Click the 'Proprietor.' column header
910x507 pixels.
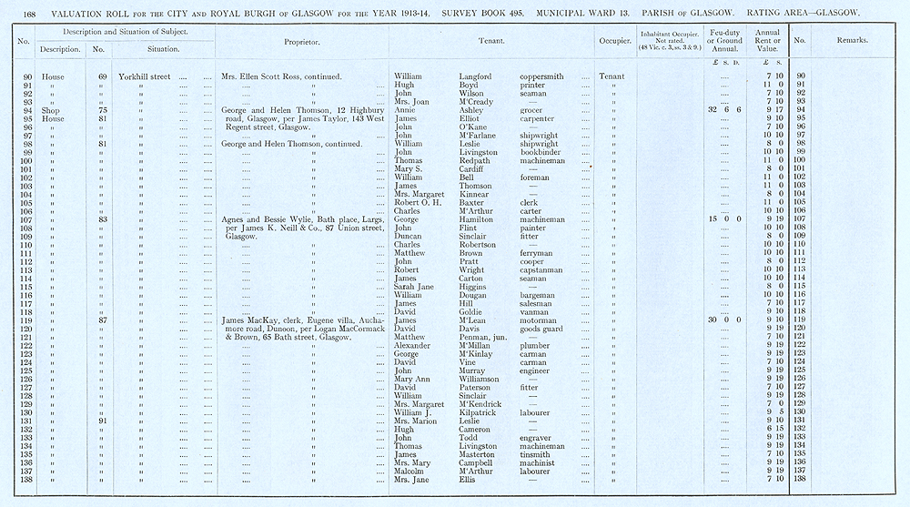coord(301,41)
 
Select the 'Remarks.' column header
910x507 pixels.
coord(852,41)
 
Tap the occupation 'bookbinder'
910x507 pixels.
coord(543,152)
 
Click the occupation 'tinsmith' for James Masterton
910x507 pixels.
coord(537,454)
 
